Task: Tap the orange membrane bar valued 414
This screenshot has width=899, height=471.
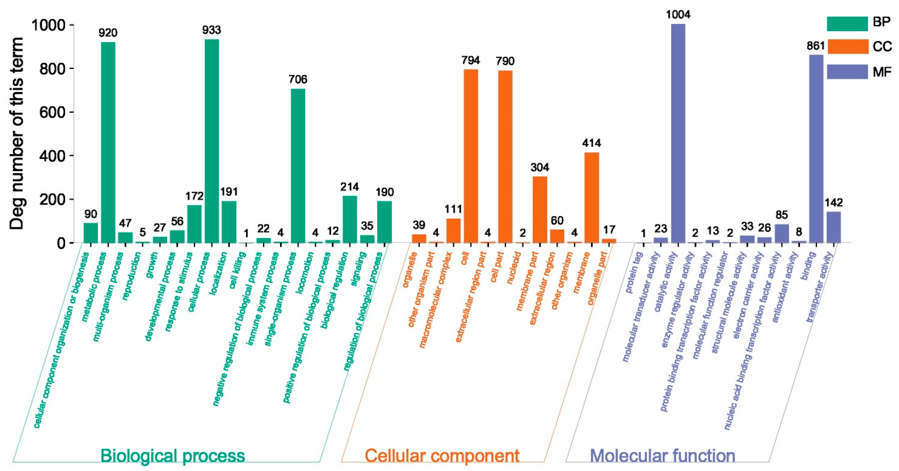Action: coord(592,197)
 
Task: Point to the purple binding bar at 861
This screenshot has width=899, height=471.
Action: coord(816,149)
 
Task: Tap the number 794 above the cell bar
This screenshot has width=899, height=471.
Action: coord(470,60)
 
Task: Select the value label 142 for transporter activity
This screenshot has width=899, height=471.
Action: coord(833,203)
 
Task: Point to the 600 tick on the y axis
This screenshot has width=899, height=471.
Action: coord(52,112)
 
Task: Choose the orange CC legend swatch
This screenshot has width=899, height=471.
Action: coord(847,46)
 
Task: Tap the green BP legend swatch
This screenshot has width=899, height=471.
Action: coord(847,24)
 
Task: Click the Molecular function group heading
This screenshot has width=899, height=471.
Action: coord(662,456)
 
